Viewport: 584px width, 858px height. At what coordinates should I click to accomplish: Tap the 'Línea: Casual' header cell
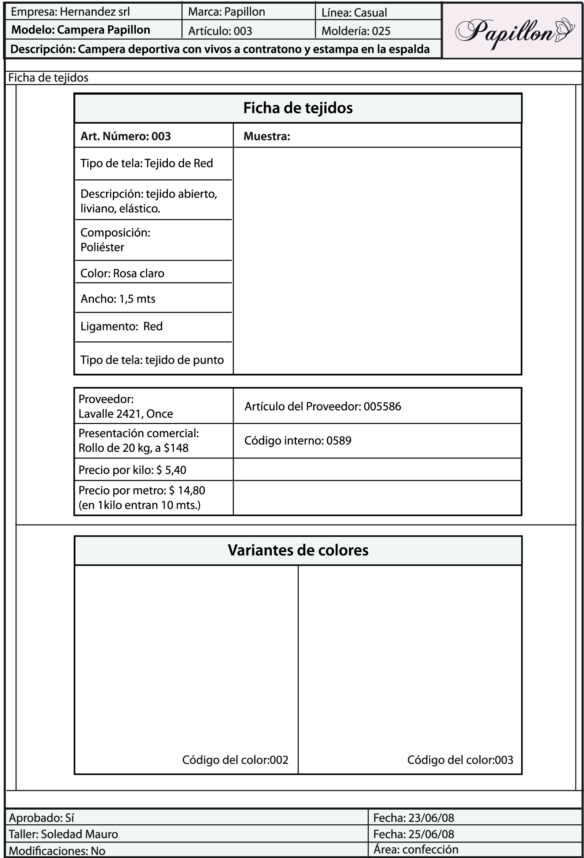[354, 12]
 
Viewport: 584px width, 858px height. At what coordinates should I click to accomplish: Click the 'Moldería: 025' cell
[356, 31]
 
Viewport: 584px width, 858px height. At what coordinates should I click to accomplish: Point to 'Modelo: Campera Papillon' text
[81, 30]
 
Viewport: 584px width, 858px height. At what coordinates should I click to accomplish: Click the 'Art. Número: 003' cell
[125, 136]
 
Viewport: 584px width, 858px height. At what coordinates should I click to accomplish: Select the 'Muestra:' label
[267, 136]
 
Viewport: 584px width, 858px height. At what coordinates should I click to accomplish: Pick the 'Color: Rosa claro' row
[122, 273]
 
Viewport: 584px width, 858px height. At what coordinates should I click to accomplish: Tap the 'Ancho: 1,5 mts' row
[118, 299]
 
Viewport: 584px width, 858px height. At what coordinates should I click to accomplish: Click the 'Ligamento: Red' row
[121, 326]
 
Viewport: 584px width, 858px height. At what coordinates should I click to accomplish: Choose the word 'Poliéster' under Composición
[102, 247]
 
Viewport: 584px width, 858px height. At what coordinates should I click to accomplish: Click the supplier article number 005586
[382, 406]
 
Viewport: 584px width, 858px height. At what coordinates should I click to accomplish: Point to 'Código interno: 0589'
[298, 441]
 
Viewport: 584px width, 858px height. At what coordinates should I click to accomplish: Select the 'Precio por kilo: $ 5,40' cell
[132, 470]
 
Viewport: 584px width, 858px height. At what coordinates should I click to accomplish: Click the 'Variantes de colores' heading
[298, 550]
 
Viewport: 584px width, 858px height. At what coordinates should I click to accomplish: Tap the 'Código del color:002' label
[235, 760]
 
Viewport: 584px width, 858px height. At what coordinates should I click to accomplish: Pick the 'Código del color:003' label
[460, 760]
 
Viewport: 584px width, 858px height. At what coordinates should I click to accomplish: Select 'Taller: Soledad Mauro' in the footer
[63, 834]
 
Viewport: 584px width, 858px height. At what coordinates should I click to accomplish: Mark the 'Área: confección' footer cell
[415, 850]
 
